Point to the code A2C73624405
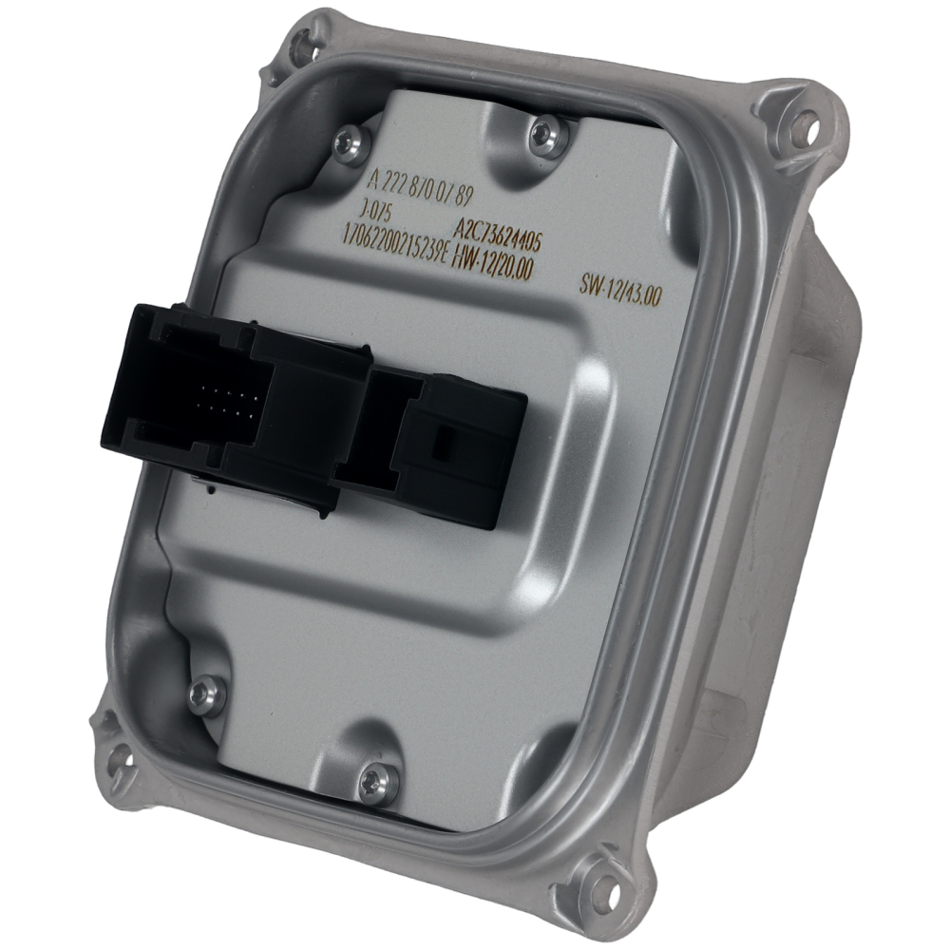[498, 233]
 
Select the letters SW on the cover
[591, 282]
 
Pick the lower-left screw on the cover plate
[204, 695]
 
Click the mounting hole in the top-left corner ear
[301, 42]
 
